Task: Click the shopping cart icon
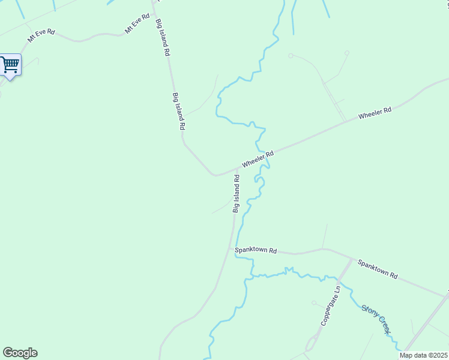[x=10, y=64]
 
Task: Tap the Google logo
[x=20, y=352]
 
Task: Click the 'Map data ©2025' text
[x=423, y=355]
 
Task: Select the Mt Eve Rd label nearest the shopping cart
[x=41, y=36]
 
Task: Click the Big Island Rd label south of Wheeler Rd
[x=237, y=193]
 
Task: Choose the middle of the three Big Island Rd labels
[x=179, y=112]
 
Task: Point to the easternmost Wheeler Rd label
[x=375, y=112]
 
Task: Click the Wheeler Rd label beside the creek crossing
[x=258, y=159]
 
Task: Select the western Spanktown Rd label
[x=256, y=250]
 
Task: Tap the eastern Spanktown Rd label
[x=378, y=268]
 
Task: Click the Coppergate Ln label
[x=330, y=305]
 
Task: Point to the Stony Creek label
[x=376, y=319]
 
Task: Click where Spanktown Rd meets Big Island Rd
[x=230, y=247]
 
